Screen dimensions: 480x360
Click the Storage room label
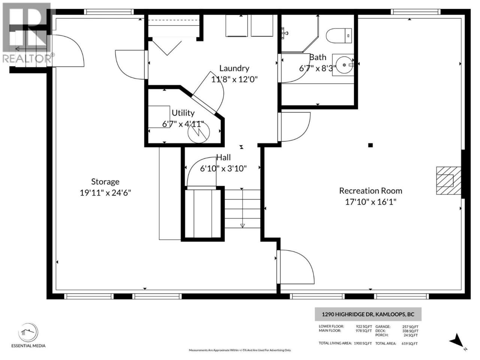[x=105, y=182]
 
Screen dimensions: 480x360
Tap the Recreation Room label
[x=370, y=191]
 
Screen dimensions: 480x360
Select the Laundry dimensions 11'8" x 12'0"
[x=234, y=79]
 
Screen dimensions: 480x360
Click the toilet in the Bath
[x=339, y=35]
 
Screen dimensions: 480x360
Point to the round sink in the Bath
[x=344, y=65]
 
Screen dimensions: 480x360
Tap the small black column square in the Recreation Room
[x=370, y=145]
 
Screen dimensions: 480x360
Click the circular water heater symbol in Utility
[x=199, y=132]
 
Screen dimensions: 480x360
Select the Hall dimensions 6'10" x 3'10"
[x=223, y=168]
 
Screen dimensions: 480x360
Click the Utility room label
[x=183, y=113]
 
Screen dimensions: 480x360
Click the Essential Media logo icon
[x=28, y=333]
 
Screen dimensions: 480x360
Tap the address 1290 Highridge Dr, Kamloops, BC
[x=368, y=314]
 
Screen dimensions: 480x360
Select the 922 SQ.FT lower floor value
[x=364, y=327]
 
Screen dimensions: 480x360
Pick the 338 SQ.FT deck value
[x=410, y=331]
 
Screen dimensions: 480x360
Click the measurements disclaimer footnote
[x=240, y=350]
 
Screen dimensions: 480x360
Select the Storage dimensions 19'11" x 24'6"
[x=105, y=193]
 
